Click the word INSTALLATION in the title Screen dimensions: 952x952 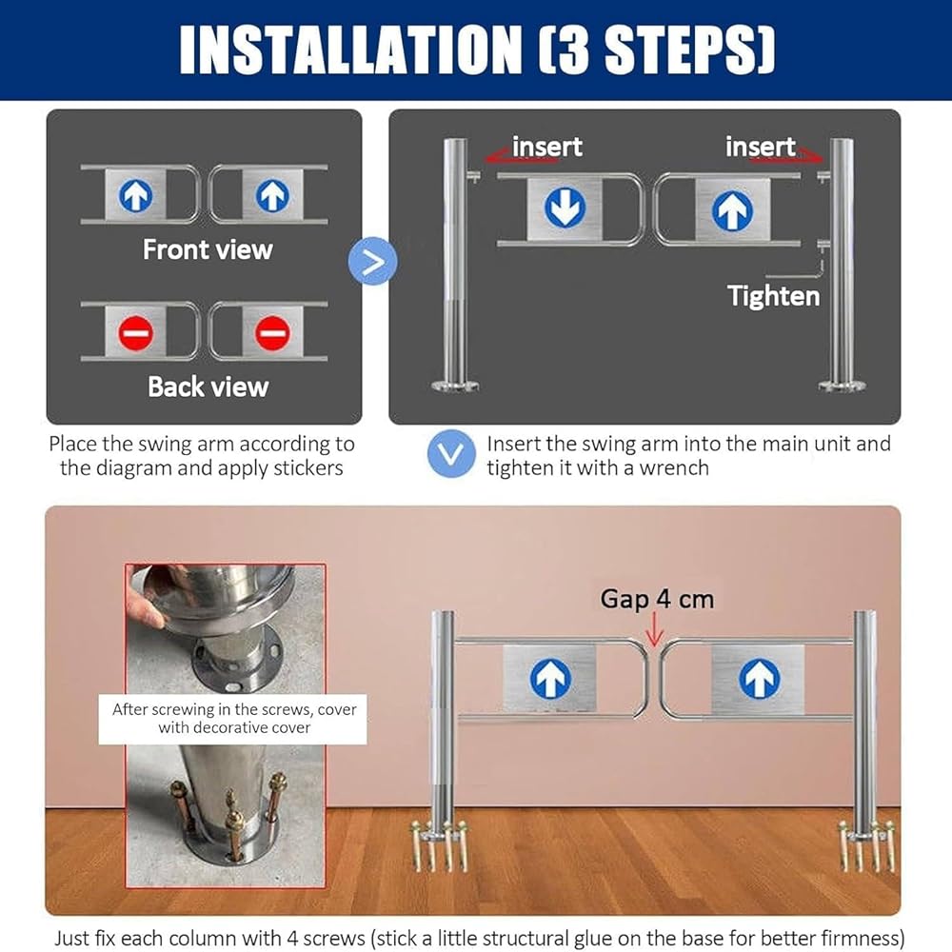tap(351, 50)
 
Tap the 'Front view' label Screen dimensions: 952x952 tap(208, 249)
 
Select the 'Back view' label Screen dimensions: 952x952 tap(208, 387)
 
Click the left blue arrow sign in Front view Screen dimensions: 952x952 tap(135, 195)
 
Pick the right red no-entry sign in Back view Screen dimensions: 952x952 tap(272, 332)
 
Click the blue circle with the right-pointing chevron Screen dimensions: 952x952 tap(373, 261)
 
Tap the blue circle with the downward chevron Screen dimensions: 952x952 tap(451, 453)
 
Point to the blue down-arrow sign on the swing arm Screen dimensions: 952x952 tap(565, 208)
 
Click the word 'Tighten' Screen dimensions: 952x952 tap(773, 296)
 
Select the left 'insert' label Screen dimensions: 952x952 tap(547, 147)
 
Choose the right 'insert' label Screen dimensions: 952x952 tap(760, 147)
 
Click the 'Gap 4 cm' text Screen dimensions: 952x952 tap(657, 599)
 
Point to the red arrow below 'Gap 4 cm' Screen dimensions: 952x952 tap(654, 629)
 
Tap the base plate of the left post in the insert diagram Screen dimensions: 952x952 tap(455, 385)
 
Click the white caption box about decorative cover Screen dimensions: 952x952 tap(232, 719)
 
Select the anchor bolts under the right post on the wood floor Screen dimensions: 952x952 tap(866, 845)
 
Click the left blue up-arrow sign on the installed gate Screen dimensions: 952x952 tap(550, 678)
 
